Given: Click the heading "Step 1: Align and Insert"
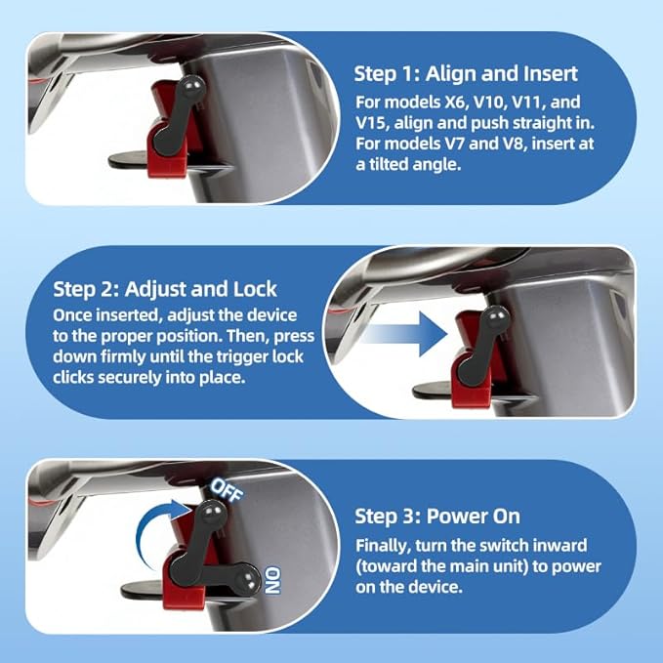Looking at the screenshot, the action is tap(466, 74).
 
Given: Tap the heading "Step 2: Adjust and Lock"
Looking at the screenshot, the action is tap(165, 289).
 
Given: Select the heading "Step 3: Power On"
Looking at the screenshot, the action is tap(437, 517).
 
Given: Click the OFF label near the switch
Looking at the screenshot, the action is tap(228, 490).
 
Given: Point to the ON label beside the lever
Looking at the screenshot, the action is tap(272, 581).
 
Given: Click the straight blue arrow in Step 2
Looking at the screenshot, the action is tap(404, 334).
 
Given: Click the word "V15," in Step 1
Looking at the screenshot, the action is tap(372, 123).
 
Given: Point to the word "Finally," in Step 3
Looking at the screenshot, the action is tap(383, 546).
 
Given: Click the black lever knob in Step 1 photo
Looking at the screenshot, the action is tap(192, 86).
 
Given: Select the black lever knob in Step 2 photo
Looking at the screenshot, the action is tap(496, 316).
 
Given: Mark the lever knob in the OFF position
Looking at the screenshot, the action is tap(214, 512).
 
